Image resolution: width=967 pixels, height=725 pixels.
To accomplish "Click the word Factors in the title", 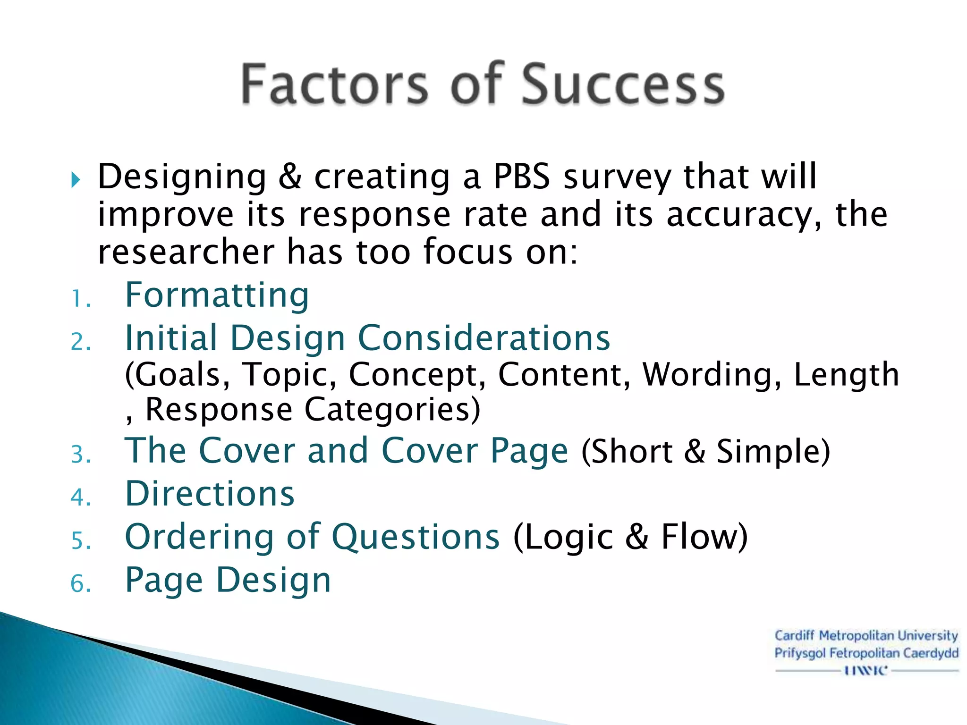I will [x=334, y=84].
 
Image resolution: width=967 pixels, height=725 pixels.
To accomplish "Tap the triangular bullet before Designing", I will [x=76, y=180].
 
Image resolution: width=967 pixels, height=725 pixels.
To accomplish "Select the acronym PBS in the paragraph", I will [x=521, y=177].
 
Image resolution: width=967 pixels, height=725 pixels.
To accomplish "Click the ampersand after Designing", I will [x=290, y=177].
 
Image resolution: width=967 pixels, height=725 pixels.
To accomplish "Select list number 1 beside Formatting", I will [x=80, y=299].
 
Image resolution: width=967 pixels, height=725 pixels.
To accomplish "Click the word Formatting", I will [x=217, y=295].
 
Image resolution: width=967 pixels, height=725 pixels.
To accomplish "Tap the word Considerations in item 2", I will [x=484, y=338].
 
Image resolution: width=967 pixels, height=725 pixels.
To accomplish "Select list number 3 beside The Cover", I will [x=80, y=455].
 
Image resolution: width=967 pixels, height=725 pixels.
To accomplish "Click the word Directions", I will [x=210, y=494].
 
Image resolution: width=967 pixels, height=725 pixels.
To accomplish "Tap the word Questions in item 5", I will [x=416, y=537].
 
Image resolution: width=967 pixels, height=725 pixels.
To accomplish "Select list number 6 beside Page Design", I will [x=80, y=584].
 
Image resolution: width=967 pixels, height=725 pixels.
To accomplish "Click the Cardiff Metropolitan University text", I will [x=866, y=636].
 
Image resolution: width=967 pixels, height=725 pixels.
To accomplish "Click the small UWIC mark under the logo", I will [x=866, y=670].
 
